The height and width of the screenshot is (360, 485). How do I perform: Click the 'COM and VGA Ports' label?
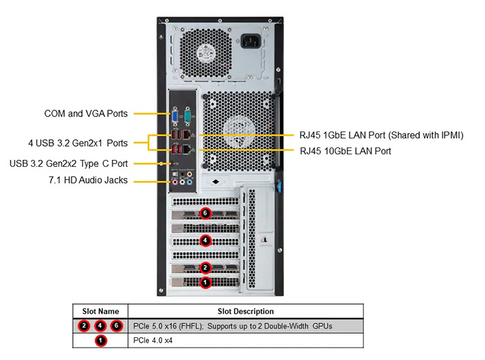(x=86, y=113)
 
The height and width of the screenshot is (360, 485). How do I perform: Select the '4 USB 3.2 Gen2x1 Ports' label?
(x=78, y=143)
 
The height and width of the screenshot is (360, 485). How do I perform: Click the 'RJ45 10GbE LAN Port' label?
(x=344, y=150)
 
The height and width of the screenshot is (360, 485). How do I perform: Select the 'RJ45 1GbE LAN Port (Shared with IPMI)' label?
(x=381, y=135)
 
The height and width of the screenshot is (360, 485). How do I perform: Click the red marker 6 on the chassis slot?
(x=204, y=213)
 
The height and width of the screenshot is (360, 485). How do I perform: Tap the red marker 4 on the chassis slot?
(x=205, y=241)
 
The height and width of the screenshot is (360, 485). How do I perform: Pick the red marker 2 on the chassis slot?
(x=205, y=267)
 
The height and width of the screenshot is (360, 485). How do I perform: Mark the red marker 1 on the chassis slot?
(x=205, y=282)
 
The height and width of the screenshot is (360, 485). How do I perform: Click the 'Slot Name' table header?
(x=100, y=312)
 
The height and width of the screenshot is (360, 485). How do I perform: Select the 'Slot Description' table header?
(x=245, y=312)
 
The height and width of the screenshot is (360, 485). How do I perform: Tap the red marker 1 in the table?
(x=100, y=341)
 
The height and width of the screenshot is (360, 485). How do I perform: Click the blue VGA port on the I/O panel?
(x=176, y=116)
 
